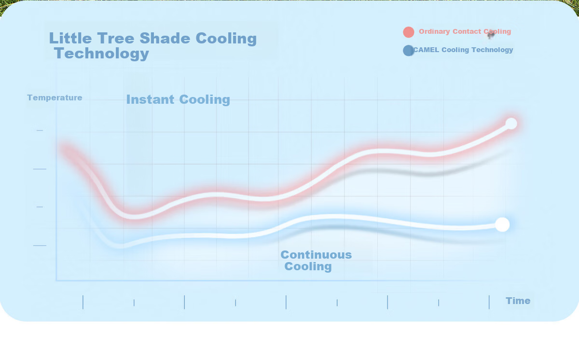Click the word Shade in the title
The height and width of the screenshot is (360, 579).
[165, 38]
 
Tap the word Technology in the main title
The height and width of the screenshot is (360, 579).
[102, 54]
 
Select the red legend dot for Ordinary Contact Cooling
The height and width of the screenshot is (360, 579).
[408, 32]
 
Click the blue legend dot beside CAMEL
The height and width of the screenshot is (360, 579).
[408, 50]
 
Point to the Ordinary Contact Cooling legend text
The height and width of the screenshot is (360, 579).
[465, 31]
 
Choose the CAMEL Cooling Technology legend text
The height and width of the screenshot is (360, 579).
[463, 50]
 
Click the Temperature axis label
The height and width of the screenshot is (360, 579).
[55, 97]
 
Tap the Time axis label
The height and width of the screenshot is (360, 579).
[518, 301]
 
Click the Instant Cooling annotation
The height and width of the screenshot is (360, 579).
[178, 99]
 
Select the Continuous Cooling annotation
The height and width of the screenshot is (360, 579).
[316, 261]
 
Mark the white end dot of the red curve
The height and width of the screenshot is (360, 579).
[511, 124]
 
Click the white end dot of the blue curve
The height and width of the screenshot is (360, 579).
[502, 224]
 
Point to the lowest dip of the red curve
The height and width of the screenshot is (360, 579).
[135, 217]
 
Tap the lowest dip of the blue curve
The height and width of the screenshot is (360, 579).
[120, 246]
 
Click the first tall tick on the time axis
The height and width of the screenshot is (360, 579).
[83, 302]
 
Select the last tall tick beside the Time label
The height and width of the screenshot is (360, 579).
[489, 302]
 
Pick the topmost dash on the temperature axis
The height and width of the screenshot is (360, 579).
[40, 130]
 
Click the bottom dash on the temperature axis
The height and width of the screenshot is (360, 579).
[40, 245]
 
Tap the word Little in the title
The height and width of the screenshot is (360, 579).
[70, 38]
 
